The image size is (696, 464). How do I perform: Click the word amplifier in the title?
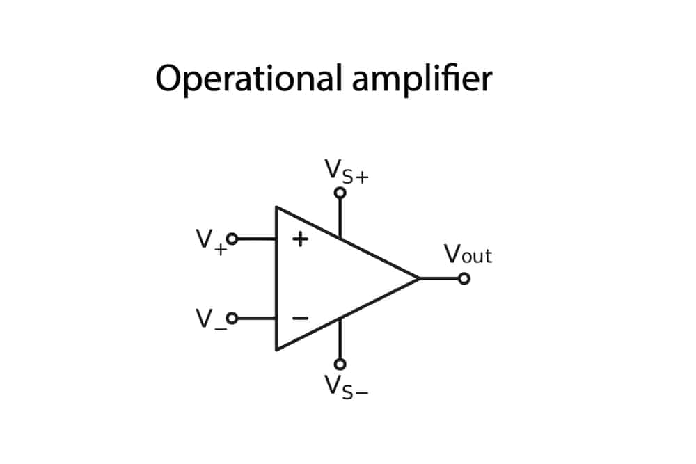422,79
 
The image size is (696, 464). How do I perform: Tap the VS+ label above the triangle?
347,171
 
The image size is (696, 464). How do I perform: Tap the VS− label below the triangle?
347,385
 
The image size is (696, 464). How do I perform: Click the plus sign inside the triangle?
300,239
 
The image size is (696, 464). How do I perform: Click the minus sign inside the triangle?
300,318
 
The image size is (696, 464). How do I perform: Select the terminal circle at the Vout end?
464,278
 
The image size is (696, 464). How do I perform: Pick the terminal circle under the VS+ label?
340,193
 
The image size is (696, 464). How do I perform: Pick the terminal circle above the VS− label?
340,364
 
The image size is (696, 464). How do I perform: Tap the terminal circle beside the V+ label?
232,239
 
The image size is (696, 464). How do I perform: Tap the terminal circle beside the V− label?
232,318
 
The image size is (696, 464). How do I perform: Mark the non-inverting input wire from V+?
257,239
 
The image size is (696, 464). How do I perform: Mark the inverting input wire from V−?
257,318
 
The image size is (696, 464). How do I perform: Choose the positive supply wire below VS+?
340,217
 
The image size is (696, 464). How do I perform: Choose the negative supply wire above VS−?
340,339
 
